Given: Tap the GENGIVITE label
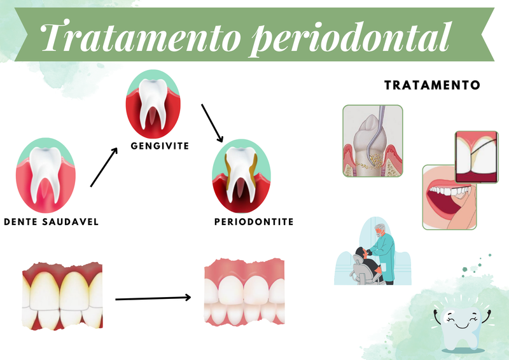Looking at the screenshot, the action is (x=160, y=146).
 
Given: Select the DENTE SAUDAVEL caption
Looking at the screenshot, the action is (x=52, y=222).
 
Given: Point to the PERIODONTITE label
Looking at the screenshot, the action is (x=254, y=222).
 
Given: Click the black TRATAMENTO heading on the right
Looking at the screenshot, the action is (x=432, y=85).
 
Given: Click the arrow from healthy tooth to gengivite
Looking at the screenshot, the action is (x=104, y=167).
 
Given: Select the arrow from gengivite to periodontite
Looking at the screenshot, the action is (x=213, y=123).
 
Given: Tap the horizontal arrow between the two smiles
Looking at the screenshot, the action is (x=153, y=298).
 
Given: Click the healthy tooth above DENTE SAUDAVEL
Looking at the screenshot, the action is (x=45, y=176).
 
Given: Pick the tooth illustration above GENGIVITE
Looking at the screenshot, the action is (x=153, y=104).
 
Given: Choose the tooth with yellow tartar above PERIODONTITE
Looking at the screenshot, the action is (x=241, y=176).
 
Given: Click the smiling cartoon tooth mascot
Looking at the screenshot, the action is (x=462, y=328).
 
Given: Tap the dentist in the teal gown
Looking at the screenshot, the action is (x=384, y=253).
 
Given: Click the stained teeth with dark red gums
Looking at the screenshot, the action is (x=62, y=296).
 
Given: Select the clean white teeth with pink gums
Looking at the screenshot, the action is (x=244, y=291).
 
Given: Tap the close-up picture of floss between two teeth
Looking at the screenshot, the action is (x=477, y=157).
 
